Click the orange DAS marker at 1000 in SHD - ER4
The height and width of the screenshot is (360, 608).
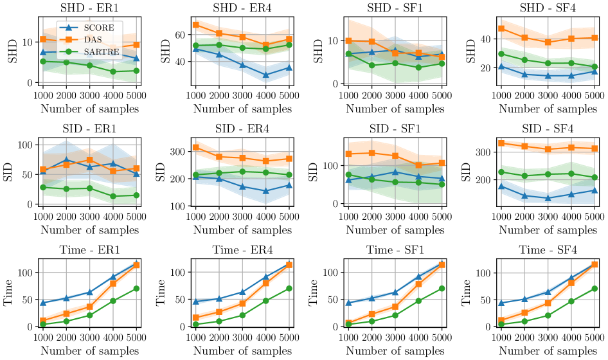coord(195,25)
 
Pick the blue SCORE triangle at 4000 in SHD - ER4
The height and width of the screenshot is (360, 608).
coord(265,75)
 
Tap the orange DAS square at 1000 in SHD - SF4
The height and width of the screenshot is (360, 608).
coord(501,28)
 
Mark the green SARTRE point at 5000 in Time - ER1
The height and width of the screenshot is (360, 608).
coord(137,289)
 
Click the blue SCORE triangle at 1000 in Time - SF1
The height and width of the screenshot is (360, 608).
coord(348,303)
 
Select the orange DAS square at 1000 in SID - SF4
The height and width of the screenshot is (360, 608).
coord(501,143)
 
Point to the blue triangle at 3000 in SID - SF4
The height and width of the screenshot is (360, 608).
coord(548,198)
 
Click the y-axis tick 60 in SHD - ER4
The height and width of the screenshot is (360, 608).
coord(181,34)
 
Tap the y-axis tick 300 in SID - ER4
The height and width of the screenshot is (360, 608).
coord(179,152)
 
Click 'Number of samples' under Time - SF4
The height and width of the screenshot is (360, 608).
coord(544,350)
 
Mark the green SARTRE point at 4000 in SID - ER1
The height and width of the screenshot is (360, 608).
coord(113,196)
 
